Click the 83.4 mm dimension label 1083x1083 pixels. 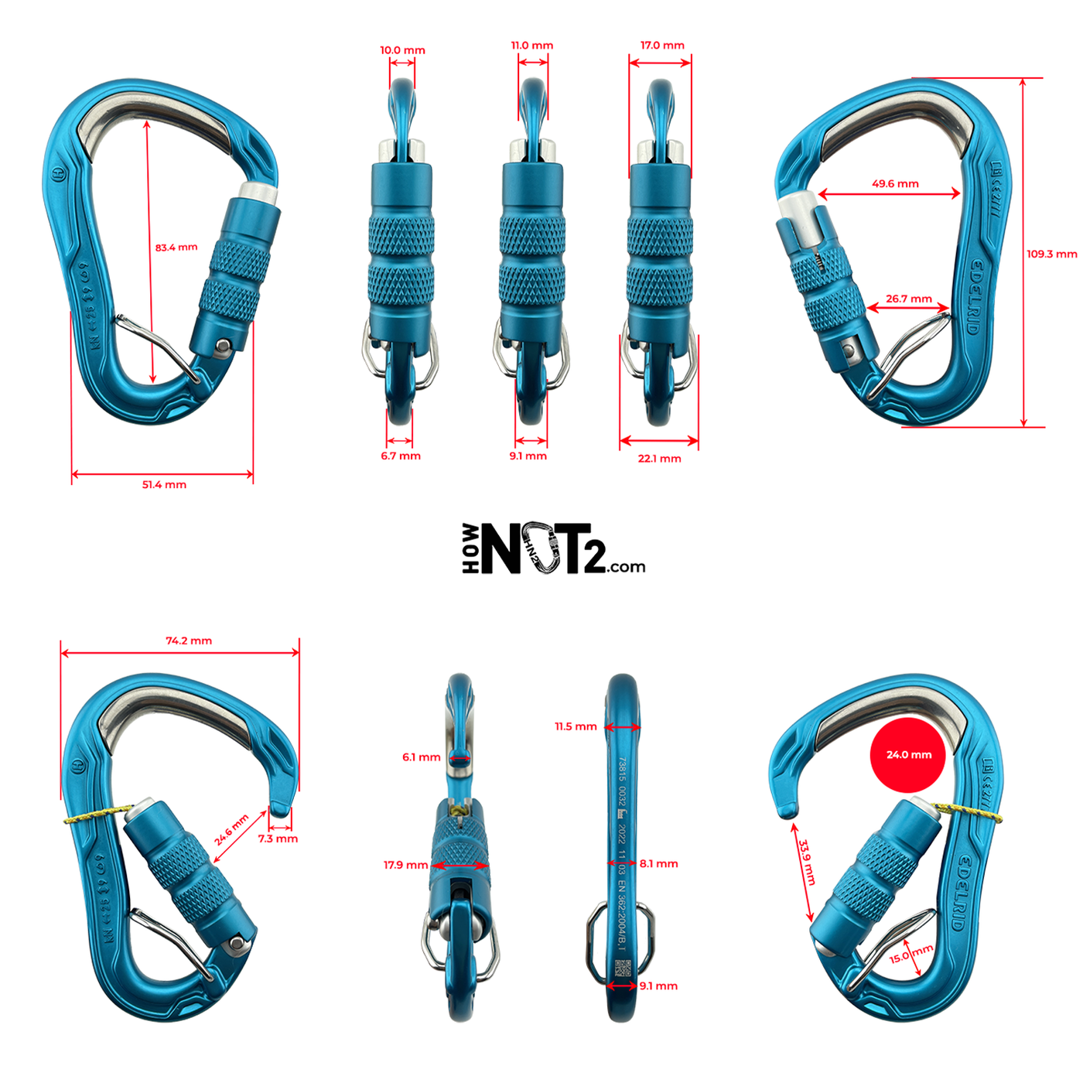point(176,248)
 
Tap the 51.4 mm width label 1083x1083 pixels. point(164,485)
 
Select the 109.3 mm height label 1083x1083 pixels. point(1051,254)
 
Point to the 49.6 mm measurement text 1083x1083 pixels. point(895,184)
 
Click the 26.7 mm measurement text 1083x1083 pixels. point(909,299)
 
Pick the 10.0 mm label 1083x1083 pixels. point(402,50)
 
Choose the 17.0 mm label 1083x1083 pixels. point(662,46)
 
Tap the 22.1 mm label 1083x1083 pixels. point(659,459)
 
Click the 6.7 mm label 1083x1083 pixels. point(401,456)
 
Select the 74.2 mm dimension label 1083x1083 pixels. point(189,641)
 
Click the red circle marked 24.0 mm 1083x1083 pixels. point(908,755)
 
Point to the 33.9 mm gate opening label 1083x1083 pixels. point(807,863)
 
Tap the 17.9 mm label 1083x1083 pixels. point(405,865)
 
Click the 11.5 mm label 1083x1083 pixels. point(576,726)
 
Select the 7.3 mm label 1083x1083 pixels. point(278,839)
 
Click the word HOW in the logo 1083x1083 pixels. point(470,548)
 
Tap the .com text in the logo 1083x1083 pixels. point(626,567)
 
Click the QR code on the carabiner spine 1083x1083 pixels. point(623,968)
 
